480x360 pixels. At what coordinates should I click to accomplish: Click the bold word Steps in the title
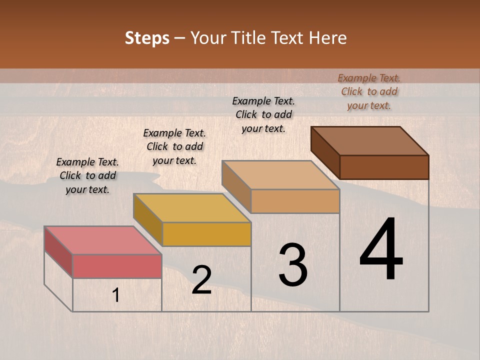pyautogui.click(x=147, y=38)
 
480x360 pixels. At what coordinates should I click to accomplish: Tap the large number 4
pyautogui.click(x=381, y=250)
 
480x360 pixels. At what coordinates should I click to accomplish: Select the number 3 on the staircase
pyautogui.click(x=293, y=265)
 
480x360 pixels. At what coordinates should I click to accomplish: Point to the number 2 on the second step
pyautogui.click(x=201, y=280)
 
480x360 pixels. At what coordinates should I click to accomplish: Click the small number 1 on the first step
pyautogui.click(x=116, y=296)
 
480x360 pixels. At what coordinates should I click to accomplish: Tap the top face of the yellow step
pyautogui.click(x=191, y=207)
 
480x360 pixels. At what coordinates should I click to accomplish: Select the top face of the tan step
pyautogui.click(x=280, y=175)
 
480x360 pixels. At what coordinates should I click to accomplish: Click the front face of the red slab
pyautogui.click(x=117, y=266)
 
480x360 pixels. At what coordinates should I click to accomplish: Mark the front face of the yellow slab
pyautogui.click(x=206, y=234)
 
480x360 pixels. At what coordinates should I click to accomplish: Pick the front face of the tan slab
pyautogui.click(x=295, y=201)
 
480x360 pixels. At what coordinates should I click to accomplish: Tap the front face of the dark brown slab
pyautogui.click(x=384, y=167)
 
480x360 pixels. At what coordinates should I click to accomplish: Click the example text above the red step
pyautogui.click(x=87, y=175)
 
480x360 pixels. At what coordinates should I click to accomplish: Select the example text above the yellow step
pyautogui.click(x=174, y=146)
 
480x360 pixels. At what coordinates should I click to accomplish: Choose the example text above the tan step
pyautogui.click(x=263, y=114)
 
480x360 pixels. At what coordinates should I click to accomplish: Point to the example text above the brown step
pyautogui.click(x=369, y=91)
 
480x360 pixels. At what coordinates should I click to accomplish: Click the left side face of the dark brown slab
pyautogui.click(x=325, y=152)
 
